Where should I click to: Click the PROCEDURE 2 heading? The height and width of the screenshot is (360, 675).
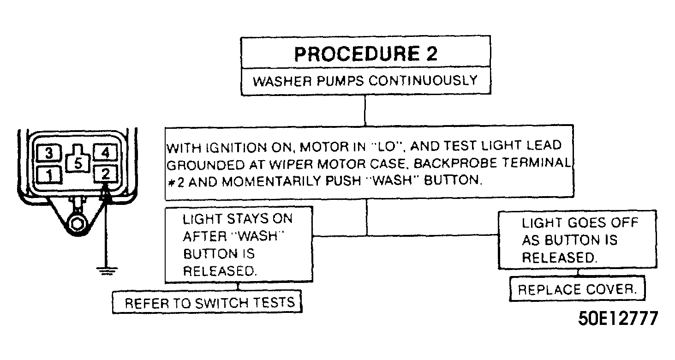[365, 54]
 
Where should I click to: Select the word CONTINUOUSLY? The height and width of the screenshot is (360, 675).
[423, 81]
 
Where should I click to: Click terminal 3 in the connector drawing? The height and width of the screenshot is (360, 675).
[49, 153]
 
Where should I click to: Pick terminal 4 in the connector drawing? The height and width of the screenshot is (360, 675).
[105, 152]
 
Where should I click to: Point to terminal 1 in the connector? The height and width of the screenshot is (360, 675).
[49, 175]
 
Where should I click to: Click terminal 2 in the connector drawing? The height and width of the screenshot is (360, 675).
[106, 174]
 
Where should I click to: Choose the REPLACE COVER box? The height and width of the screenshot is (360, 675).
[577, 289]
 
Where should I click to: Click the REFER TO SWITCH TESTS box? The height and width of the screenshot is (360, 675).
[207, 302]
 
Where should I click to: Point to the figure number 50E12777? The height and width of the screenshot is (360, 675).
[618, 318]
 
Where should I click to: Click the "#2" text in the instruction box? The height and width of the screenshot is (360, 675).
[176, 182]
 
